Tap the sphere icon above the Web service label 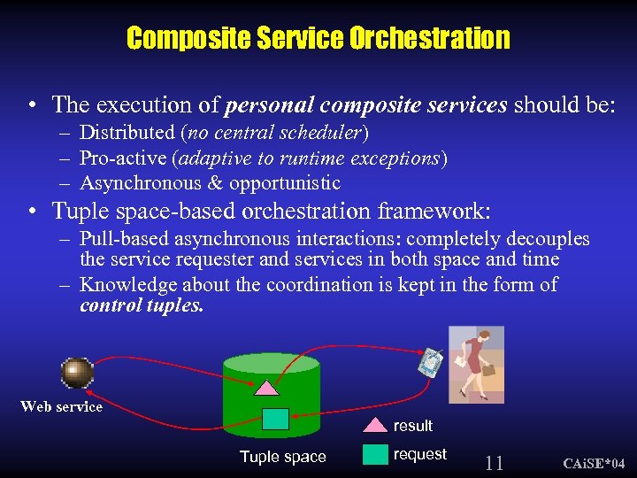pyautogui.click(x=77, y=373)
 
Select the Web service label pyautogui.click(x=61, y=406)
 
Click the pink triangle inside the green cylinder pyautogui.click(x=266, y=386)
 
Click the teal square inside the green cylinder pyautogui.click(x=275, y=419)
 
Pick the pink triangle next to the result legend pyautogui.click(x=376, y=425)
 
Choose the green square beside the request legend pyautogui.click(x=376, y=454)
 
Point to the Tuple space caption pyautogui.click(x=282, y=457)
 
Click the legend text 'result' pyautogui.click(x=412, y=426)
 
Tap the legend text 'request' pyautogui.click(x=419, y=454)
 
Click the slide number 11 pyautogui.click(x=495, y=462)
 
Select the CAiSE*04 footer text pyautogui.click(x=595, y=464)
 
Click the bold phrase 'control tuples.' pyautogui.click(x=142, y=305)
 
